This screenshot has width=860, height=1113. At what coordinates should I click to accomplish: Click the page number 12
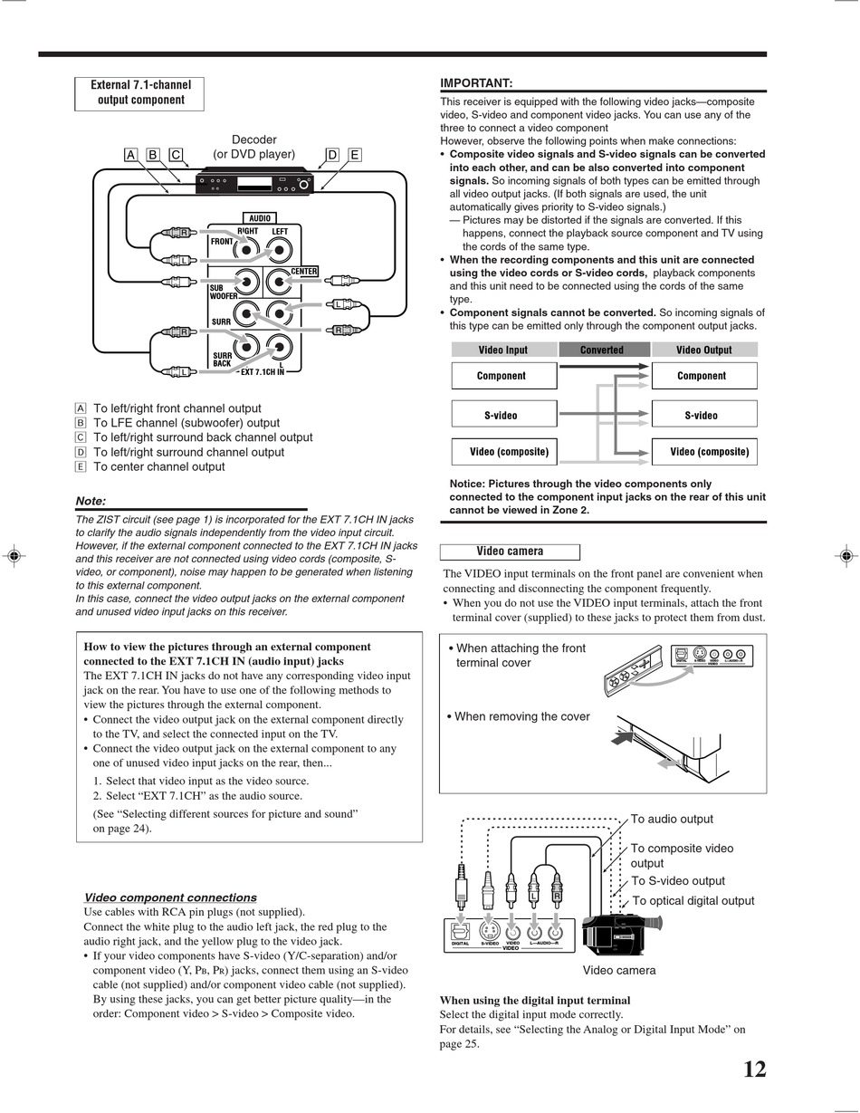(754, 1070)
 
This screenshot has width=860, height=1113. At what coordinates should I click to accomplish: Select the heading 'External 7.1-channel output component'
(139, 93)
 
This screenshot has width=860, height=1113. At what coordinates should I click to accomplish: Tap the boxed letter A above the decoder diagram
(130, 155)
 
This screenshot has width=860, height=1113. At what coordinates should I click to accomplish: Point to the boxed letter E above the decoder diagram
(354, 155)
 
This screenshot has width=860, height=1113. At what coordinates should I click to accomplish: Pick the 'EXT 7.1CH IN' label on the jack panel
(263, 371)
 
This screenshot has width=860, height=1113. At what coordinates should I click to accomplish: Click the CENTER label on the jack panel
(303, 272)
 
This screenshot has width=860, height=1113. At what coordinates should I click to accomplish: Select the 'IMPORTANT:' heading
(476, 83)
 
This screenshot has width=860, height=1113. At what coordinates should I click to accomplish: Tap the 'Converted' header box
(602, 350)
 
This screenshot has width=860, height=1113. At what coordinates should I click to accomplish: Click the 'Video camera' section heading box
(510, 552)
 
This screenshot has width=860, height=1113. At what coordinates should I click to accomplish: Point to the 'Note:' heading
(91, 501)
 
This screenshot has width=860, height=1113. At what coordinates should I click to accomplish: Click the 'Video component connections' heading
(170, 897)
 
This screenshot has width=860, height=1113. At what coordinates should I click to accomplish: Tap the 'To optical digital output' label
(693, 901)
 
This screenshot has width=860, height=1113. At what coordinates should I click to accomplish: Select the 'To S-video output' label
(677, 881)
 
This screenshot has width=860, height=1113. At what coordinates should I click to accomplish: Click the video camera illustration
(620, 934)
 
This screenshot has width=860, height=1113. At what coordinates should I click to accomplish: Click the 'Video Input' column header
(503, 350)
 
